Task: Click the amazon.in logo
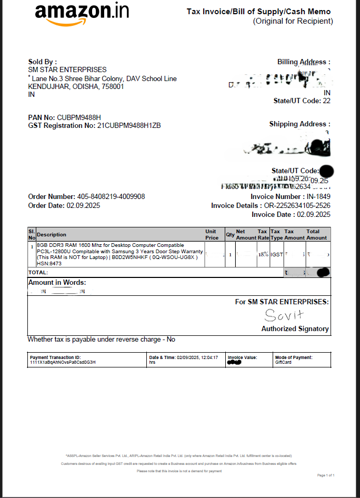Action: (x=82, y=14)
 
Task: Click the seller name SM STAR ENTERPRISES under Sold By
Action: (x=67, y=69)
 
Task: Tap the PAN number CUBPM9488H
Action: (x=78, y=117)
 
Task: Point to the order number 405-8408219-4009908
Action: (x=111, y=197)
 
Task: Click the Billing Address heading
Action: (x=304, y=62)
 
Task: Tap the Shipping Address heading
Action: (x=299, y=124)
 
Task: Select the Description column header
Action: (x=52, y=235)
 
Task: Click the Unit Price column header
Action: (x=212, y=234)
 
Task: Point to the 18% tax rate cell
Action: (x=263, y=254)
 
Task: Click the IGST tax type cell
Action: (x=276, y=254)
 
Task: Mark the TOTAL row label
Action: (x=38, y=273)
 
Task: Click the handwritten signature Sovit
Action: (x=284, y=315)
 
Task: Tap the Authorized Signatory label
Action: (x=295, y=328)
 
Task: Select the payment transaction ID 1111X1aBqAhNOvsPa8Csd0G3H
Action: (x=63, y=362)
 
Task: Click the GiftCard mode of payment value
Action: (x=283, y=362)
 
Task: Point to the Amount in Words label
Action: (x=57, y=283)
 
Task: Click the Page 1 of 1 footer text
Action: (x=326, y=475)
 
